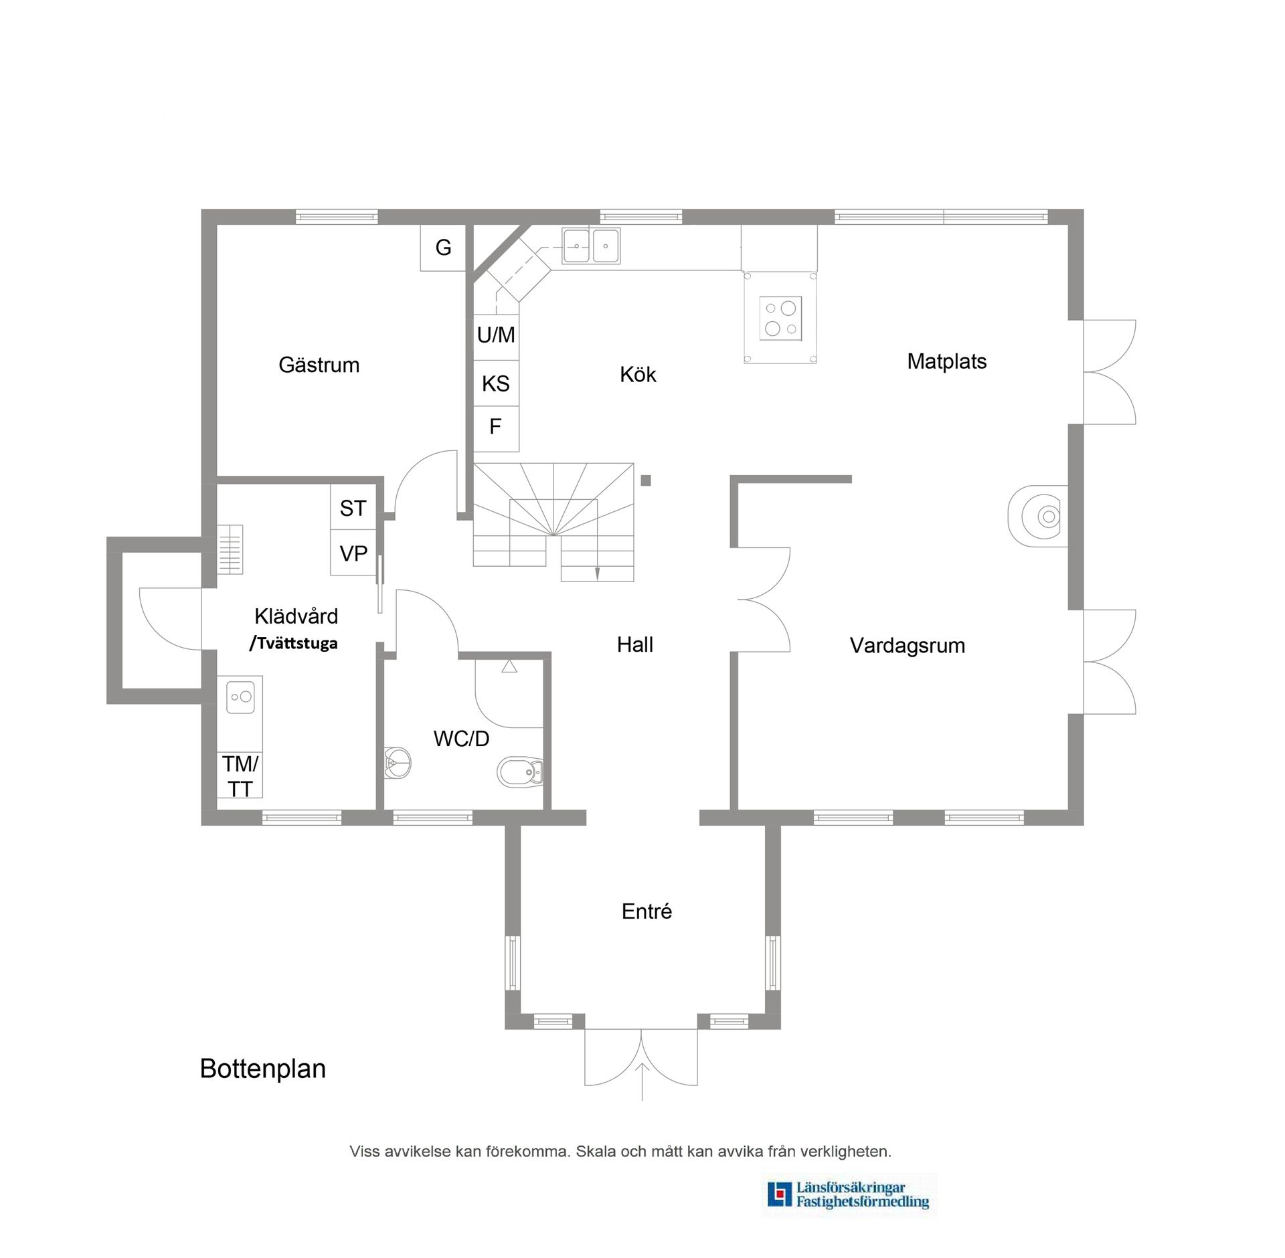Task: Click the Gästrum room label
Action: coord(319,365)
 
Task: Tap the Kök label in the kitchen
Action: coord(638,375)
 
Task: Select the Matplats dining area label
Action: coord(946,362)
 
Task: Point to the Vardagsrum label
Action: coord(907,646)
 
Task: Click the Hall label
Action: coord(634,645)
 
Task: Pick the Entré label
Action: coord(647,911)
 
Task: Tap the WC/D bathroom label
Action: coord(461,739)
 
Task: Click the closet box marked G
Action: coord(443,248)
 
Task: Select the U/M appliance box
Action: coord(496,335)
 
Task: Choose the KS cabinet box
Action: coord(496,383)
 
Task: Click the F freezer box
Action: coord(496,427)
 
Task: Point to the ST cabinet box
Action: coord(353,509)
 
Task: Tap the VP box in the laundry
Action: coord(353,554)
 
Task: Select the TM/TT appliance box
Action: coord(240,776)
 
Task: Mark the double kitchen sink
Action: coord(591,246)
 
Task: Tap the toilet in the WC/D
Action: coord(522,774)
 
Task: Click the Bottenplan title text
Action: coord(263,1069)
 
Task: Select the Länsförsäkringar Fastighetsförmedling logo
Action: coord(849,1196)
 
